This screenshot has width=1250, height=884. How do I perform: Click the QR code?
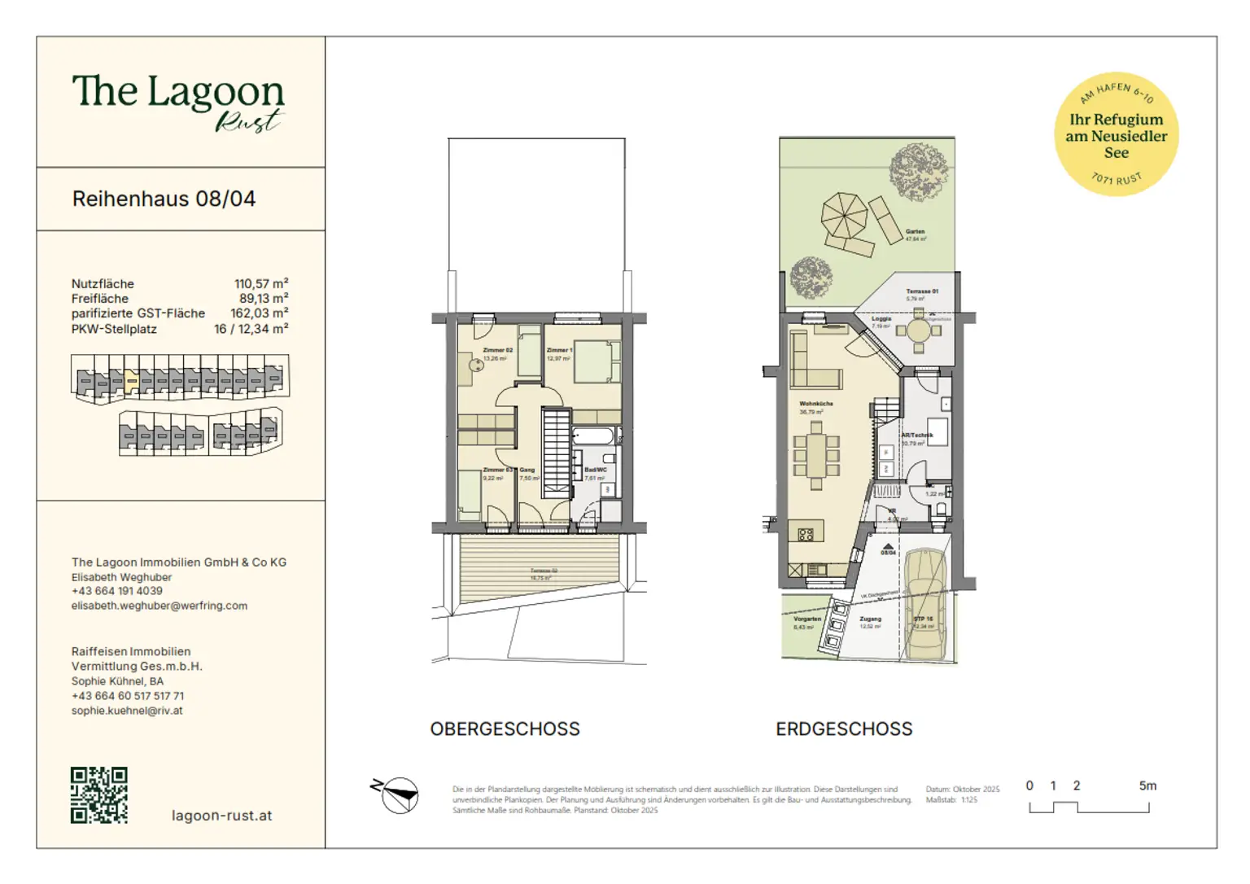coord(99,794)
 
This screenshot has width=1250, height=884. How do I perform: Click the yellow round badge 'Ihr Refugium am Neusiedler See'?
coord(1116,134)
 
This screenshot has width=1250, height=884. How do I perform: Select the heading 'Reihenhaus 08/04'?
coord(164,199)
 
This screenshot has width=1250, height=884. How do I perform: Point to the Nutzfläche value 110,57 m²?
coord(260,284)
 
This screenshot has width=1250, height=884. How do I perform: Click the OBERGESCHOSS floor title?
coord(505,729)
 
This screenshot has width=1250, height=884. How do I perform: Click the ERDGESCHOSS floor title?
coord(844,729)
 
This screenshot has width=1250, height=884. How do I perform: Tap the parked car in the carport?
coord(925,603)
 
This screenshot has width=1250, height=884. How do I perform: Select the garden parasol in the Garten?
coord(844,215)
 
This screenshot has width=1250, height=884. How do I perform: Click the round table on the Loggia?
coord(919,331)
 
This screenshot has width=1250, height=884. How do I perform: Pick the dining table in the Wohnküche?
coord(815,457)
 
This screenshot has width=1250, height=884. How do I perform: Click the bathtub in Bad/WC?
coord(593,436)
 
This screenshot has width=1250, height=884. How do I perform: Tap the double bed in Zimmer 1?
coord(597,362)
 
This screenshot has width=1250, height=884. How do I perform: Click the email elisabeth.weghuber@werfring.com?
coord(160,606)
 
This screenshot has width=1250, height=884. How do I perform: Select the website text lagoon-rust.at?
coord(221,816)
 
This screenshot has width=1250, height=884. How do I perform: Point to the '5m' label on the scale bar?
coord(1147,786)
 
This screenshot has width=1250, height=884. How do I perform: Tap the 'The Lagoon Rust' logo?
coord(178,101)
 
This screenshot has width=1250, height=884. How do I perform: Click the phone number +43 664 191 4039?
coord(117,591)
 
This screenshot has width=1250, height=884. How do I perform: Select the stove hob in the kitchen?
coord(806,535)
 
